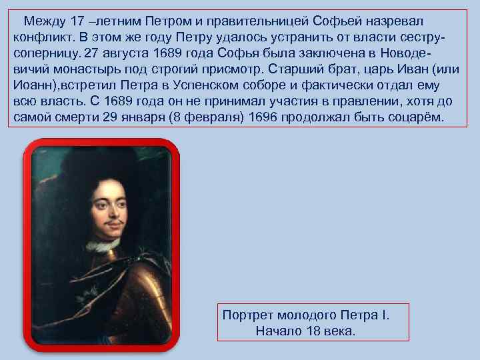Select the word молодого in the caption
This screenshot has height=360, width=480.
(x=307, y=314)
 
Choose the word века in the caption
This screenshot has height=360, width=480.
(x=342, y=331)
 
